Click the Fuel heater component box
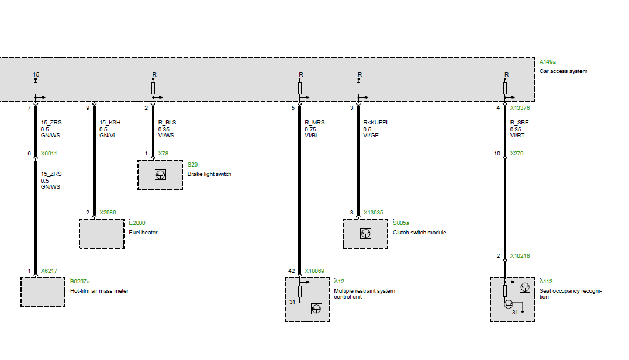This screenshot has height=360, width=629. [101, 234]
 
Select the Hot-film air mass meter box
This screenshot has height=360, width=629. [43, 292]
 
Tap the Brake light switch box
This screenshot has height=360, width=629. [160, 174]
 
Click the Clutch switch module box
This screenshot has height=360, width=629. [365, 234]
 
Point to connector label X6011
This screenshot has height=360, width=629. [49, 154]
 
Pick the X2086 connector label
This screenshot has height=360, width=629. [109, 213]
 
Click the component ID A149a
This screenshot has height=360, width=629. [548, 61]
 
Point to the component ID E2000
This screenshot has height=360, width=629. [137, 223]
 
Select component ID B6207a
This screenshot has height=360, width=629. [80, 281]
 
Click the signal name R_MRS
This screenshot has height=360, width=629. [314, 123]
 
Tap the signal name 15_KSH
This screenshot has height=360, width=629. [110, 123]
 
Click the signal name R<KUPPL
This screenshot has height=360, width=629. [376, 123]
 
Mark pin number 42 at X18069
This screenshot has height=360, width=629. [291, 271]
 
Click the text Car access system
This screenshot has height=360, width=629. [563, 71]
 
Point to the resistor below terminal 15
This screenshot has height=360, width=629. [36, 88]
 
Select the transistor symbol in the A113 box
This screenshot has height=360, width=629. [509, 304]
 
